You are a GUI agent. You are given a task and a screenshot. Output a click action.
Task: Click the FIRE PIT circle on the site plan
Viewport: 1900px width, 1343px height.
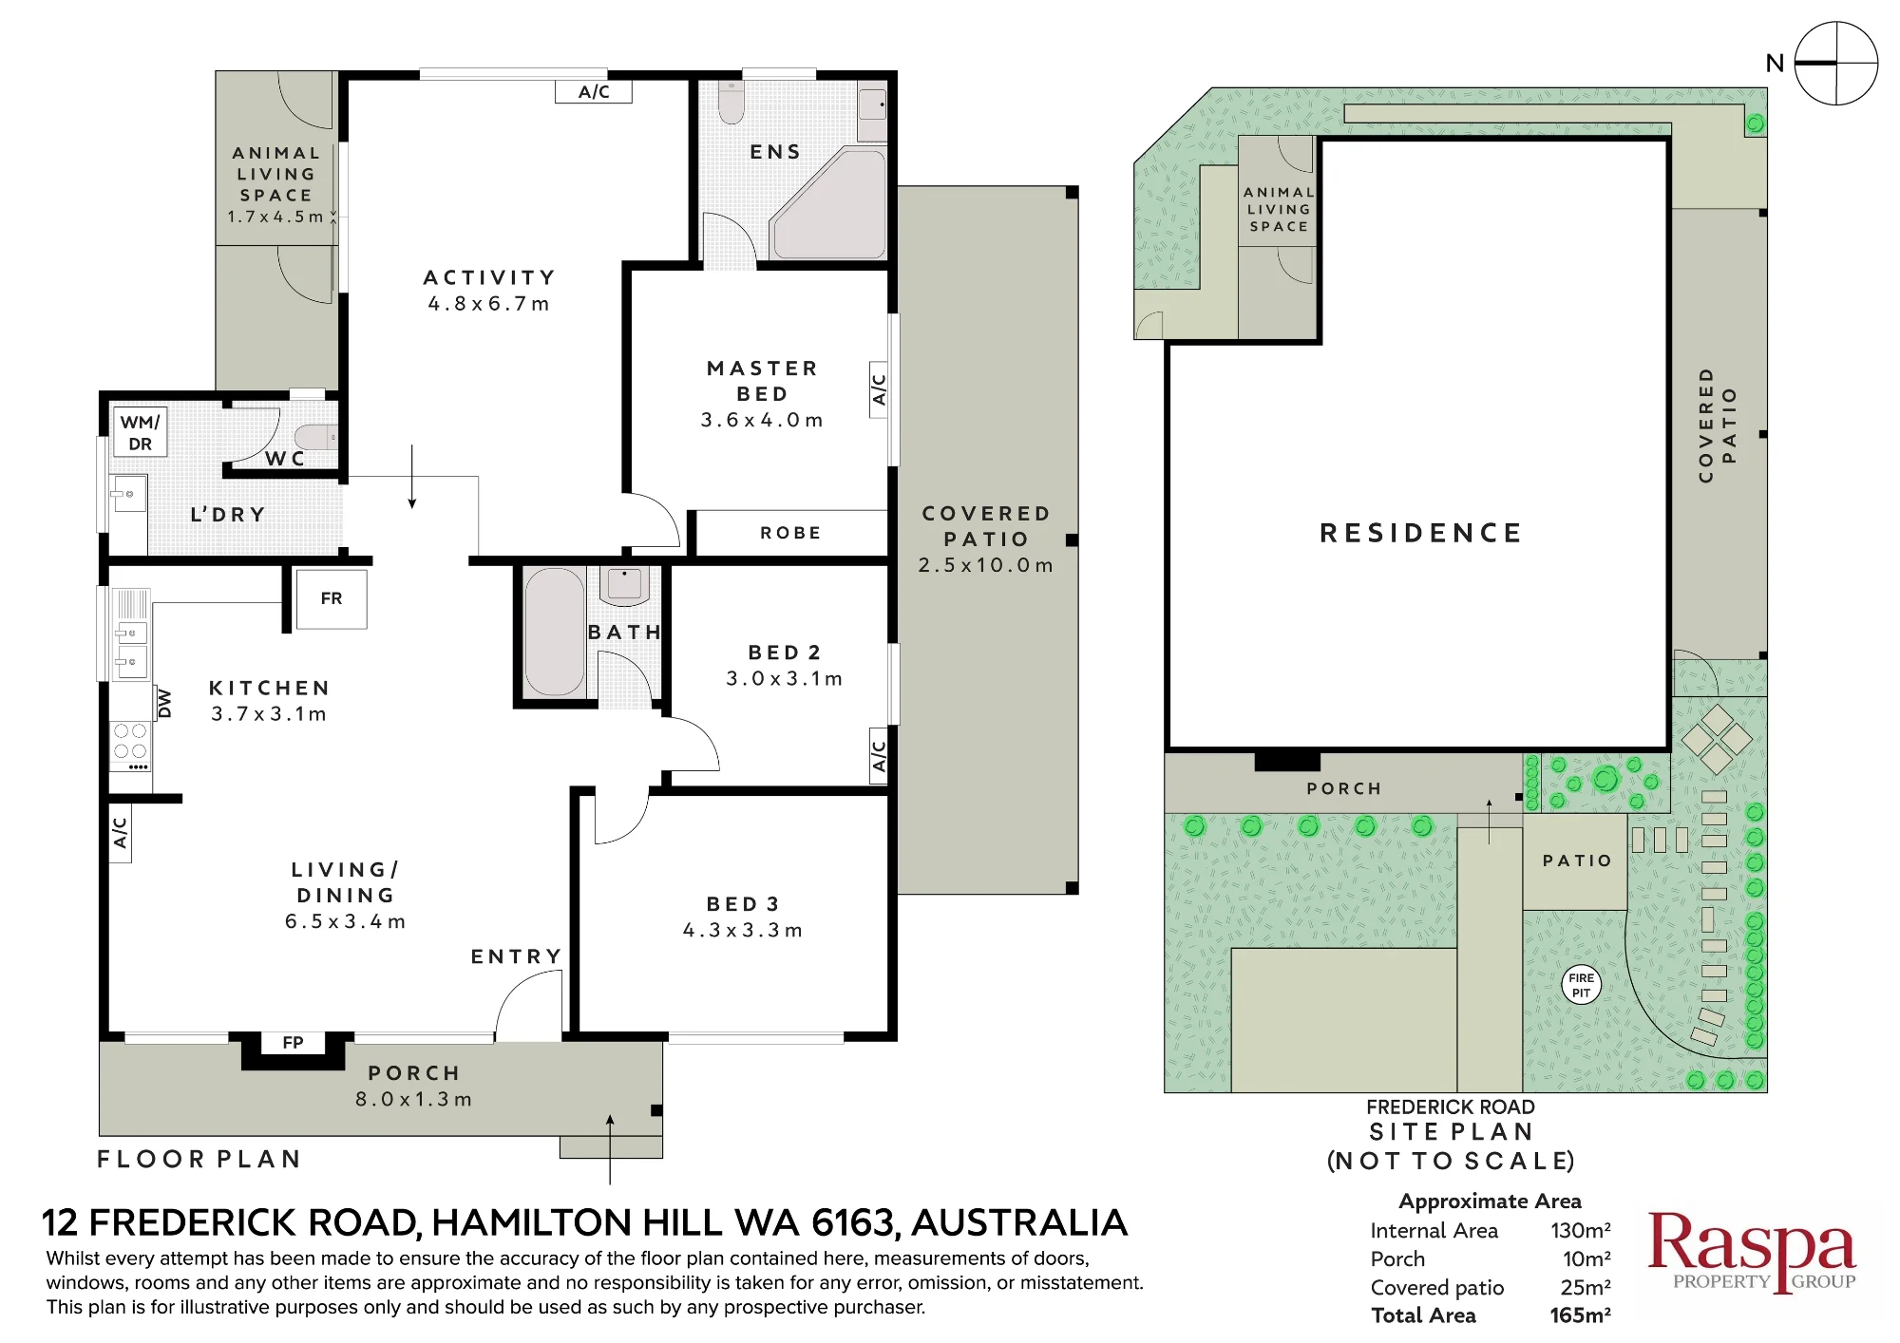click(x=1582, y=985)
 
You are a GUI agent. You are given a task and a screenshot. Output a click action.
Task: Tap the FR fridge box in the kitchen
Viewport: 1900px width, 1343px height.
click(x=332, y=598)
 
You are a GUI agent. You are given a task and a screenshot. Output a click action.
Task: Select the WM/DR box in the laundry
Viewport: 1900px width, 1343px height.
click(x=141, y=432)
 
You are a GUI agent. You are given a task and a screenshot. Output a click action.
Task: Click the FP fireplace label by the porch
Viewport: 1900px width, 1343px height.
click(x=293, y=1043)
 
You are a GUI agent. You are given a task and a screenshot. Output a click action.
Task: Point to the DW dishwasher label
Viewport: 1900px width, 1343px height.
click(x=164, y=703)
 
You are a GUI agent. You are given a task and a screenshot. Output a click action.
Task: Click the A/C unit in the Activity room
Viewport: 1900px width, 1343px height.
click(x=594, y=91)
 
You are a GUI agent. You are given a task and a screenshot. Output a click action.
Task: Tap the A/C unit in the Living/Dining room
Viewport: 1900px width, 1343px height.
click(x=121, y=833)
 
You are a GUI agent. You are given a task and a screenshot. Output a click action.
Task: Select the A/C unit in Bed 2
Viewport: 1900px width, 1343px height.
click(x=880, y=756)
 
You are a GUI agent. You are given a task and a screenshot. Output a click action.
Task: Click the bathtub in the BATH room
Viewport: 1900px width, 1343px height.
click(x=555, y=632)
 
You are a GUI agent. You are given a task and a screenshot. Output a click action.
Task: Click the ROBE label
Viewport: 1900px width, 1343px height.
click(x=790, y=533)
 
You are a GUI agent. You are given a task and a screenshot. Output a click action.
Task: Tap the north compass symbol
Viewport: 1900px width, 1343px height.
click(x=1836, y=64)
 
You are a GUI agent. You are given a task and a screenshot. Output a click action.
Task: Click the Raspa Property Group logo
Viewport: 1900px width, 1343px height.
click(x=1752, y=1252)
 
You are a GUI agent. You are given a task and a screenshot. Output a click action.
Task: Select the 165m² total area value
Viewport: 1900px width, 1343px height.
click(x=1580, y=1315)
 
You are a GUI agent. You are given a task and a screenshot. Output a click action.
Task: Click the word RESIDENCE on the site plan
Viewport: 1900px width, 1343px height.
click(x=1421, y=533)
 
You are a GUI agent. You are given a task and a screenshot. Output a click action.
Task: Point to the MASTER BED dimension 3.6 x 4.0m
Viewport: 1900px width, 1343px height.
click(x=762, y=420)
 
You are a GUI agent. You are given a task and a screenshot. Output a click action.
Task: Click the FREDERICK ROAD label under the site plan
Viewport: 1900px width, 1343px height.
click(x=1451, y=1107)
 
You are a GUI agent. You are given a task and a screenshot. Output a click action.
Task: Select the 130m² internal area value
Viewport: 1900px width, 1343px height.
click(x=1581, y=1231)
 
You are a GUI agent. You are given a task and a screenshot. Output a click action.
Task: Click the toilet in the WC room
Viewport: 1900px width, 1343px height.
click(x=314, y=437)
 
